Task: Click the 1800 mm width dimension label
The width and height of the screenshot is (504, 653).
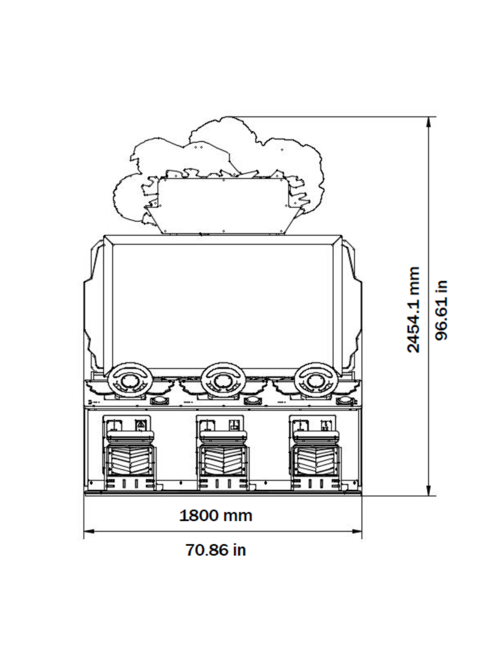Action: coord(216,515)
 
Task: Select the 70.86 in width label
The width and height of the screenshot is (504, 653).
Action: coord(216,549)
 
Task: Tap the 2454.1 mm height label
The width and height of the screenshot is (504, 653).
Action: coord(413,309)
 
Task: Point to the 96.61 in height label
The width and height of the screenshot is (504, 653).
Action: coord(441,309)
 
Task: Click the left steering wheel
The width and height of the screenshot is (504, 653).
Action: coord(129,380)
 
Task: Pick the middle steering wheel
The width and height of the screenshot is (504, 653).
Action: coord(223,380)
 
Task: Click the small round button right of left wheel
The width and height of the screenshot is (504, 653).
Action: coord(159,401)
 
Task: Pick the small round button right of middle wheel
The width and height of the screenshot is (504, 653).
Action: coord(252,401)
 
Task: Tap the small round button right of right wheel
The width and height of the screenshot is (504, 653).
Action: coord(346,401)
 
